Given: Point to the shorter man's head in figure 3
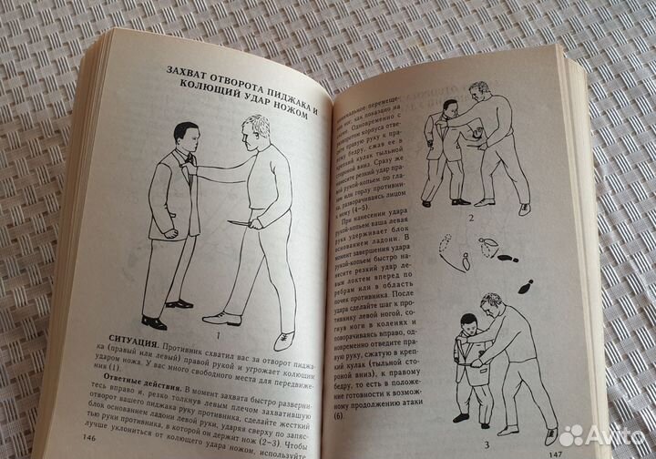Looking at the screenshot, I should (468, 326).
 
